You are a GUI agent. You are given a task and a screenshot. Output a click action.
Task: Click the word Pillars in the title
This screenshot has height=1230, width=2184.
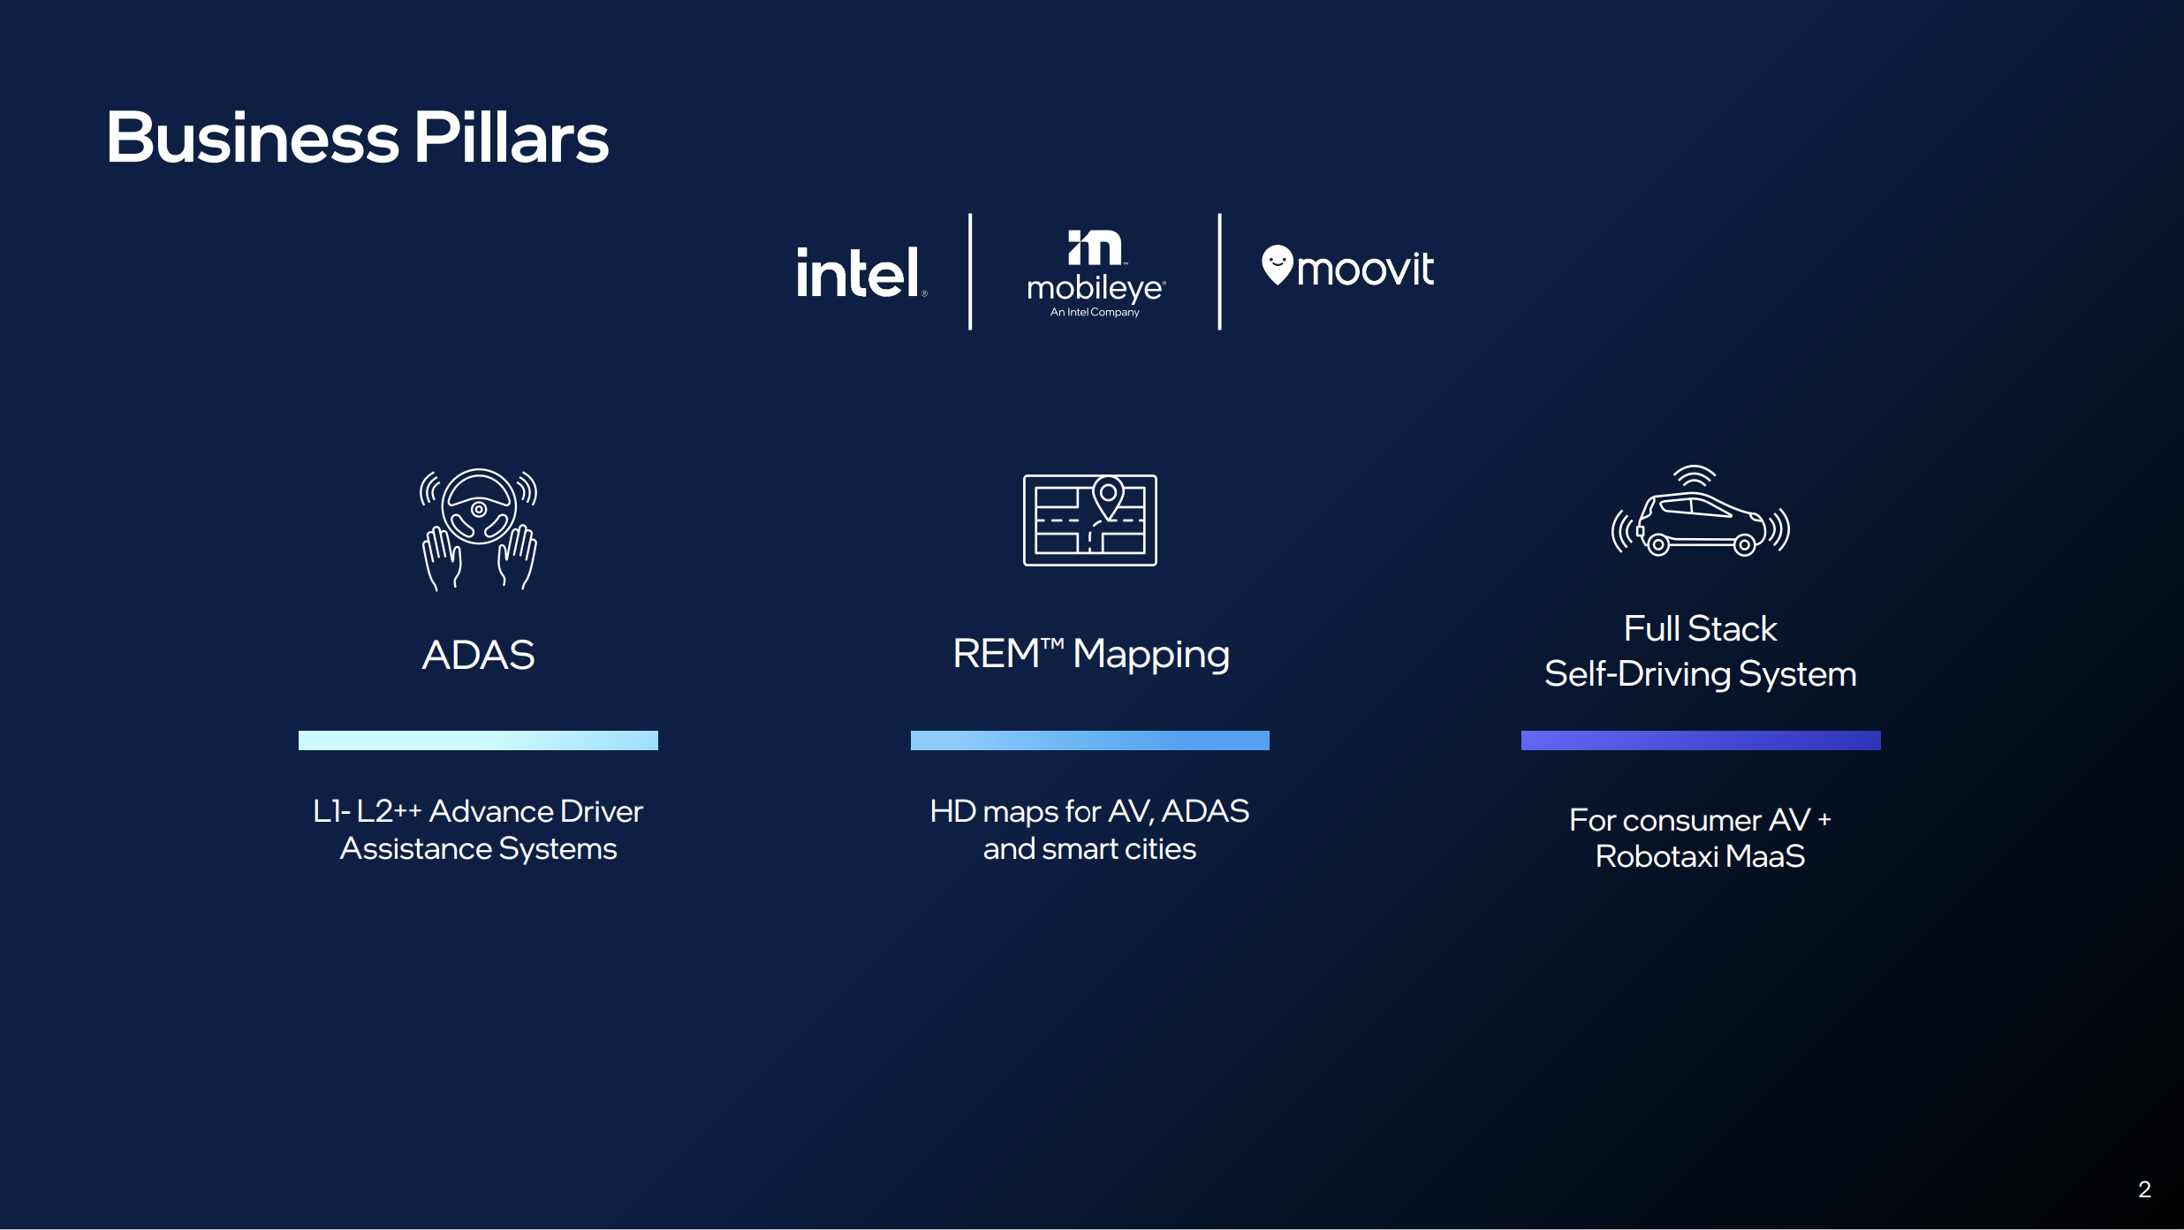point(512,138)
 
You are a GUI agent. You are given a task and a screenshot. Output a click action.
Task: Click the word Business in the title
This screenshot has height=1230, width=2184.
point(253,138)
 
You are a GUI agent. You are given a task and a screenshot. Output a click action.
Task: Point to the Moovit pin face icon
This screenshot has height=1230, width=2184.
point(1278,265)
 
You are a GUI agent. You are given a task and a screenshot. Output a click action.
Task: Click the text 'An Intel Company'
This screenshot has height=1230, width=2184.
point(1095,312)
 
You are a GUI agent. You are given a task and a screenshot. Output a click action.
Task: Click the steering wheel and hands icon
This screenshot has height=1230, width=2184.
point(478,528)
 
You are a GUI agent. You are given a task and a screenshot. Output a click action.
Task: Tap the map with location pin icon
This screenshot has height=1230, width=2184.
point(1090,520)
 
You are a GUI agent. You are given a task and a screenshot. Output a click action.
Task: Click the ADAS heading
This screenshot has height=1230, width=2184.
point(478,655)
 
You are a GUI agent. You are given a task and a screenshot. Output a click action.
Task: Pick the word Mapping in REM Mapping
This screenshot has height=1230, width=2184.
point(1151,655)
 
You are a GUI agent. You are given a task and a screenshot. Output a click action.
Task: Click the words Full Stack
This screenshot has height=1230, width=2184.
point(1700,628)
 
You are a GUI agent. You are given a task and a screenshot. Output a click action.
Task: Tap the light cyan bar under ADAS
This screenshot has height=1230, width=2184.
point(478,740)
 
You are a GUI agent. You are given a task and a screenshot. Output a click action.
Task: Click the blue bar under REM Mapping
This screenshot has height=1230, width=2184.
point(1090,740)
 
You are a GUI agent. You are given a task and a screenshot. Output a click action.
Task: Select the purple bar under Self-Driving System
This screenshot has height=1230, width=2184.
point(1701,740)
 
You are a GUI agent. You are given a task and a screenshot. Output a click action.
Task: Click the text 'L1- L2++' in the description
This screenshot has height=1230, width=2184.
point(368,811)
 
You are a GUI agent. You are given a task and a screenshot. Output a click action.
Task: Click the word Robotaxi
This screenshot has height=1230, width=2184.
point(1657,856)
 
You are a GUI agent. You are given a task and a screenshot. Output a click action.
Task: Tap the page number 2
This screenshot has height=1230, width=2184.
point(2144,1189)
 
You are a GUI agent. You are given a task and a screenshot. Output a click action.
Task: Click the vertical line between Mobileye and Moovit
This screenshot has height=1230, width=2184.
point(1220,271)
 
